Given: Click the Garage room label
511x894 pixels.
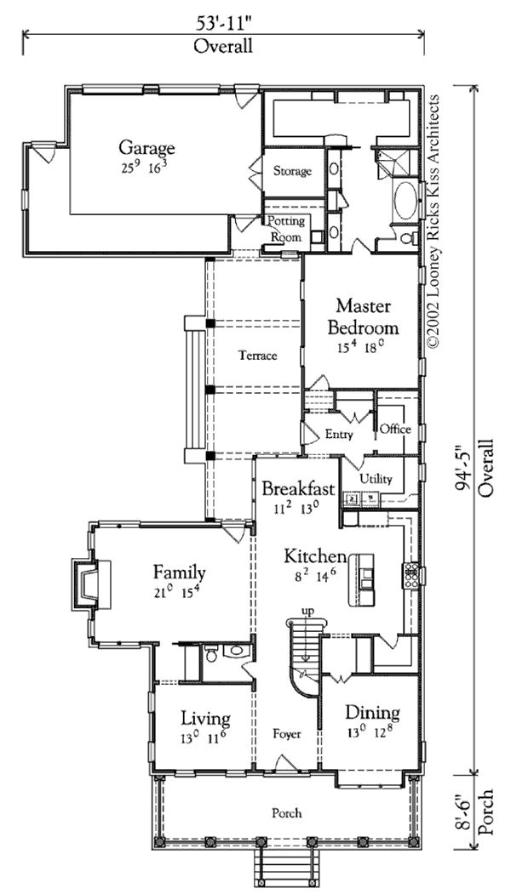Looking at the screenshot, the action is pos(146,148).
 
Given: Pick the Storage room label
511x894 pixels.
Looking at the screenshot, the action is pos(292,171).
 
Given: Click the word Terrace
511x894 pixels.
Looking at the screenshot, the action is pos(257,356).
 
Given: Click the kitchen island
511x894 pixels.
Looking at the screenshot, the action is pos(362,578).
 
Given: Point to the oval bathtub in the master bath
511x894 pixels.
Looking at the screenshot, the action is pos(406,201).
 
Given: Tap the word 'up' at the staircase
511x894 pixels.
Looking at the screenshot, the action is pos(307,612).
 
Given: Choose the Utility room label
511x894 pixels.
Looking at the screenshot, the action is pos(376,479).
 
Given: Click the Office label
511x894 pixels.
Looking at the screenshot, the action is pos(395,430).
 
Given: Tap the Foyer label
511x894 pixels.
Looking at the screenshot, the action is pos(287,734).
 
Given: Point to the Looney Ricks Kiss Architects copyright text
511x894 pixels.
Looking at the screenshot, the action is pos(433,220).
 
